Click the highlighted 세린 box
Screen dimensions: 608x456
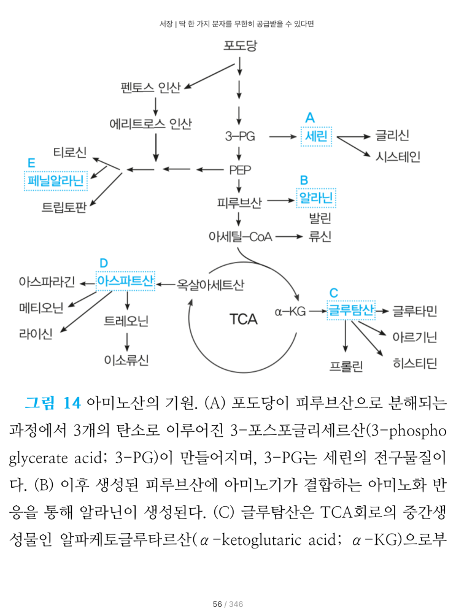click(x=316, y=136)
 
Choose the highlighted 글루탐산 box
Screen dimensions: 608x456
click(x=351, y=310)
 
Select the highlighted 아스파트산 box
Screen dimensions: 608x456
click(x=126, y=282)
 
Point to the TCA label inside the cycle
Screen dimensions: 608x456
click(x=244, y=319)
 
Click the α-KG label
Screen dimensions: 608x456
click(x=290, y=311)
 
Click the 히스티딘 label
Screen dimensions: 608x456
click(x=415, y=364)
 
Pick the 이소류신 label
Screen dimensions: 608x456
click(x=126, y=360)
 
